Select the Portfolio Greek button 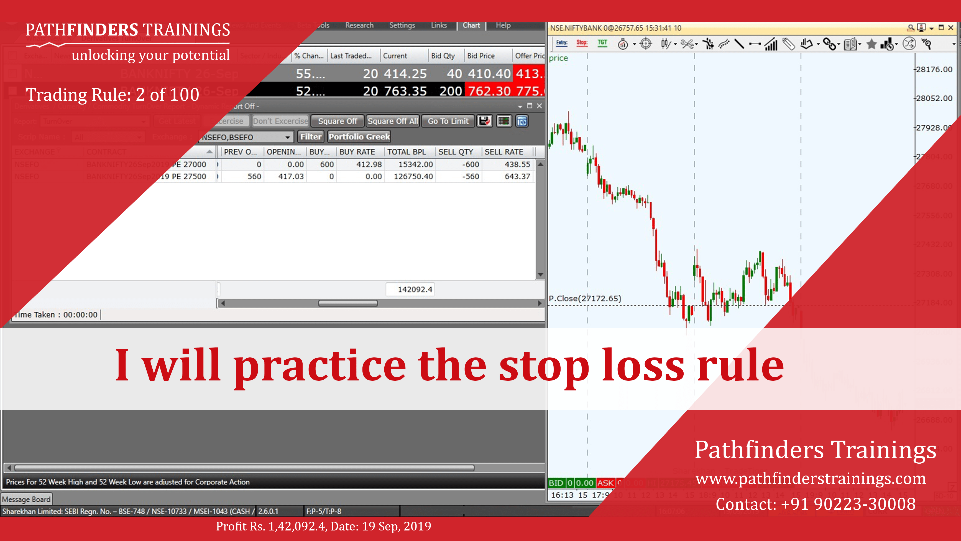pyautogui.click(x=359, y=137)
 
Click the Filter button pyautogui.click(x=311, y=137)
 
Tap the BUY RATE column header pyautogui.click(x=357, y=152)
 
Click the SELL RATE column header pyautogui.click(x=503, y=152)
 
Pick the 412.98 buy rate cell pyautogui.click(x=369, y=164)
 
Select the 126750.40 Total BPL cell pyautogui.click(x=413, y=176)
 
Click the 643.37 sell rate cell pyautogui.click(x=517, y=176)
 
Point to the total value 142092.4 pyautogui.click(x=415, y=289)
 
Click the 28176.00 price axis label pyautogui.click(x=934, y=69)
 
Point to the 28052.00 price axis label pyautogui.click(x=934, y=98)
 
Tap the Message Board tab pyautogui.click(x=26, y=499)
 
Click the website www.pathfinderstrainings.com pyautogui.click(x=810, y=478)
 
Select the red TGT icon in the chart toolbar pyautogui.click(x=602, y=43)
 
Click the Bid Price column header pyautogui.click(x=481, y=56)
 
